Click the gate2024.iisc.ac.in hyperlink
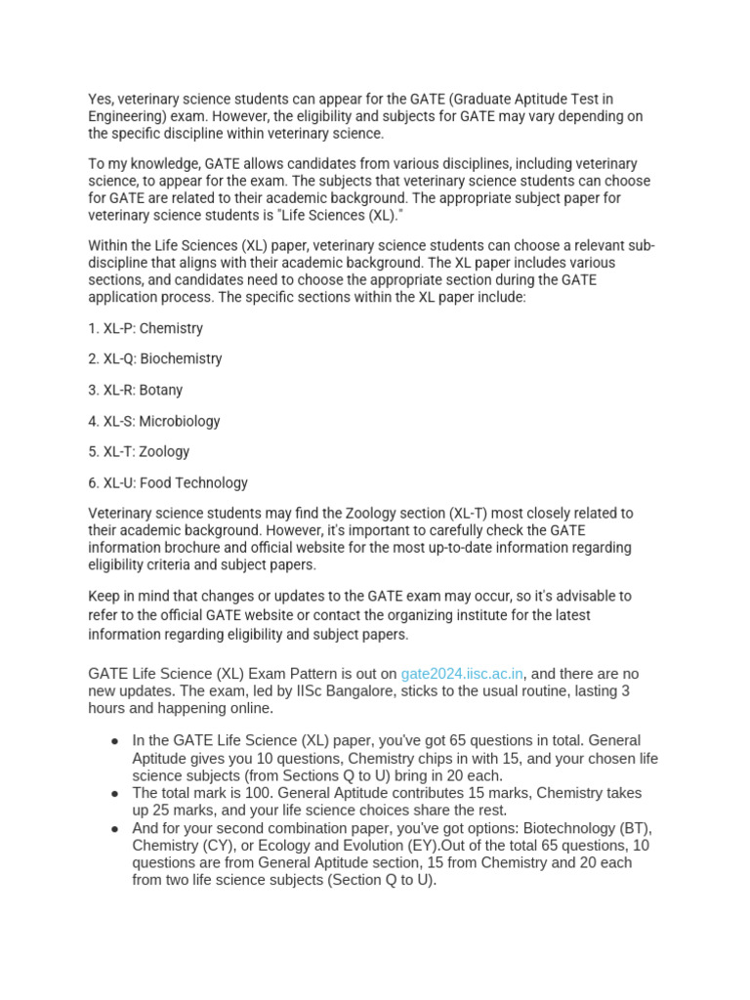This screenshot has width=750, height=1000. click(462, 674)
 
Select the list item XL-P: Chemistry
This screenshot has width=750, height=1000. click(146, 328)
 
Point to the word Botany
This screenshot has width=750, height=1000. click(161, 390)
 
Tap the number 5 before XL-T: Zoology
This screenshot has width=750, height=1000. click(93, 451)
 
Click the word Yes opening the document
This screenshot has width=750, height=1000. click(101, 99)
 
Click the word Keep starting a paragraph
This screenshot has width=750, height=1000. click(104, 596)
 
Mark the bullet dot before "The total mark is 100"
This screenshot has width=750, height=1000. click(116, 793)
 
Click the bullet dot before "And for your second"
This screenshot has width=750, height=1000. click(116, 828)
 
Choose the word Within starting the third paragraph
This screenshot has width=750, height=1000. click(110, 245)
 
